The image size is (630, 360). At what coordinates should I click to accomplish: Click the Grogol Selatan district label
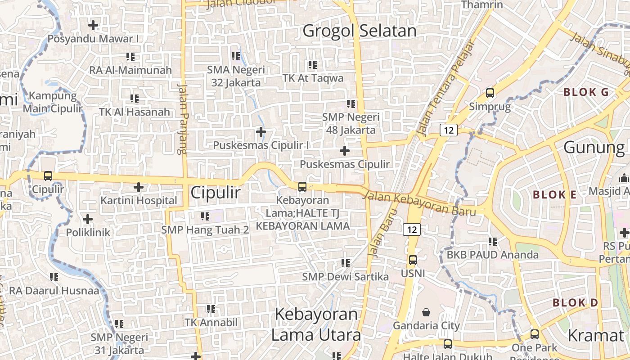(x=360, y=31)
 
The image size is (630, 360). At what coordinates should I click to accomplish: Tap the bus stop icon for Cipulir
(x=48, y=176)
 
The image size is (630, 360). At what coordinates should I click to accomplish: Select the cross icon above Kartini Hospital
(x=139, y=187)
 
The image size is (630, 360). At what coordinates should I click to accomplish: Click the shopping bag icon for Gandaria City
(x=426, y=312)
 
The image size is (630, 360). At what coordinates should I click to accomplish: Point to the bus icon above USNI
(x=413, y=260)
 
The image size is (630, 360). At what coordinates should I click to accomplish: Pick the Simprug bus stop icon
(x=490, y=93)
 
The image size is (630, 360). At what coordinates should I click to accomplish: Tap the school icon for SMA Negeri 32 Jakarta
(x=236, y=56)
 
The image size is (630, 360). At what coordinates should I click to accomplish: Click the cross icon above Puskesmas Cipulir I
(x=261, y=132)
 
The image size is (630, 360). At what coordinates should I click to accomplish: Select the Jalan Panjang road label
(x=183, y=119)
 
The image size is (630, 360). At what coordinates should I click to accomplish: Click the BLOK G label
(x=586, y=92)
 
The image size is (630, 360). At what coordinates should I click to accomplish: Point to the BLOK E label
(x=554, y=195)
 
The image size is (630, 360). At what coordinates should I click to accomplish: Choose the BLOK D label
(x=575, y=302)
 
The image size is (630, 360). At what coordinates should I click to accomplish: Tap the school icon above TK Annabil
(x=211, y=309)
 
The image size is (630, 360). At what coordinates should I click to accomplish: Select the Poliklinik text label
(x=88, y=233)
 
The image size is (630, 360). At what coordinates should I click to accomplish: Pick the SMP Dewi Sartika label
(x=345, y=276)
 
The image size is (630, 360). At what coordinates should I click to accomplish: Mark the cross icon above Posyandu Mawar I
(x=93, y=25)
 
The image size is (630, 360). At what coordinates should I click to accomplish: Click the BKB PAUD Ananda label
(x=492, y=255)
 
